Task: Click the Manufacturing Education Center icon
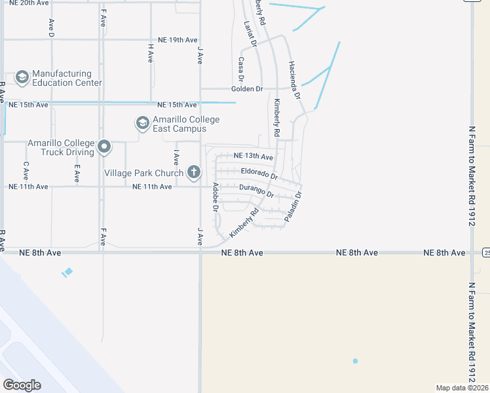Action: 22,78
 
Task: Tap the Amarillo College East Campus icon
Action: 142,123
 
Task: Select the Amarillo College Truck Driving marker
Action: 104,147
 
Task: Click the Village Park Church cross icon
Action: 193,172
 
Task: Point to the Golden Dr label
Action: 247,88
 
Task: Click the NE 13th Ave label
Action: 254,157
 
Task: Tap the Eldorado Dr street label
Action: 259,174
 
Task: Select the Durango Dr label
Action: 256,190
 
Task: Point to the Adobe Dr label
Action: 215,197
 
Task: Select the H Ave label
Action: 151,53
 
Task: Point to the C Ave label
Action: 26,172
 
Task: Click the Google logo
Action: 22,385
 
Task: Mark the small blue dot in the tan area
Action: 355,361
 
